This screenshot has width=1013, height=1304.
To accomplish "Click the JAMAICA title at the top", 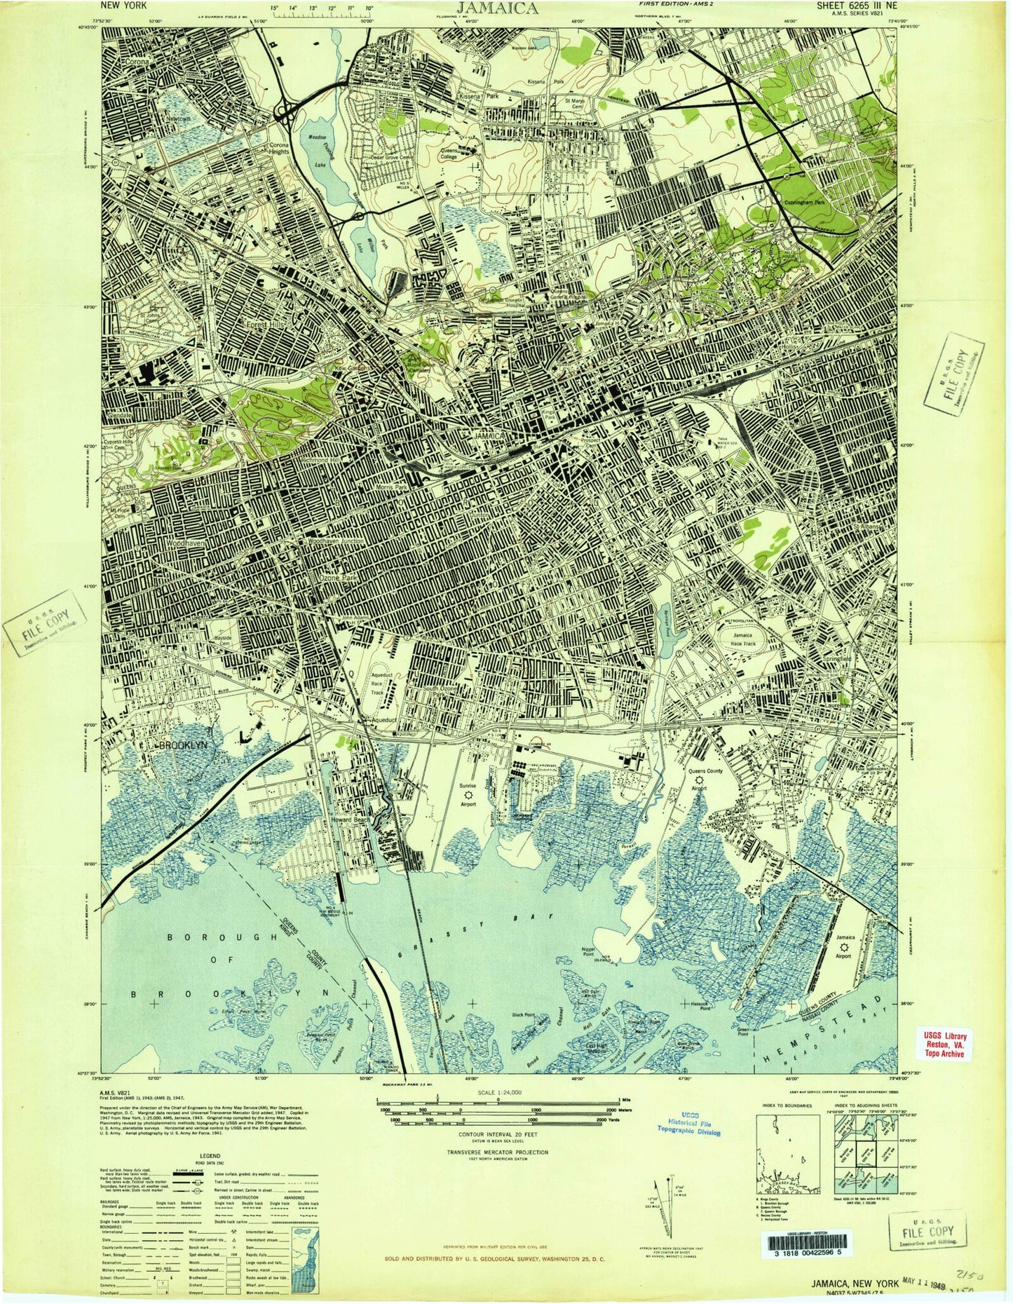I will (498, 8).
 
